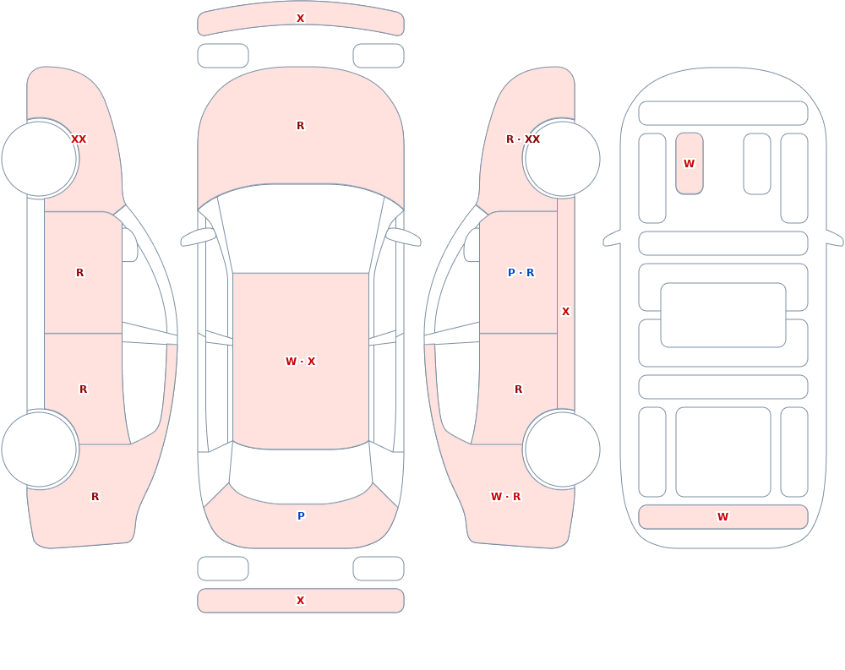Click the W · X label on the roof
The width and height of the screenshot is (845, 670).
(300, 361)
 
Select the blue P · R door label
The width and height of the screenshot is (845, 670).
(521, 273)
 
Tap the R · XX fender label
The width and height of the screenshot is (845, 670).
(523, 139)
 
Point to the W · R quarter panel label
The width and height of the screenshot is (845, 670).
(505, 497)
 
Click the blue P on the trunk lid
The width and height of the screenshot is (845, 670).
(301, 516)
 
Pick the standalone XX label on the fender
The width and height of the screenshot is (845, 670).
(79, 139)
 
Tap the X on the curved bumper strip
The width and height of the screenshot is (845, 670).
(300, 19)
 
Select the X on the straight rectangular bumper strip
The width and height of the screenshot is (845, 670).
(300, 601)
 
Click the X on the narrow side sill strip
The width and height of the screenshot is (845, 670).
(565, 312)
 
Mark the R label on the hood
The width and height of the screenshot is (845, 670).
(300, 126)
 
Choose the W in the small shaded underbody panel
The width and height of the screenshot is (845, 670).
(689, 163)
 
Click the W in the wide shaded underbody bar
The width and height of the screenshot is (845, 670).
(722, 516)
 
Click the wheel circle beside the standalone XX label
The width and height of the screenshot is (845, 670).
(40, 159)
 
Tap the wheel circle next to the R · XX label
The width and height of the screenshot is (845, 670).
(562, 159)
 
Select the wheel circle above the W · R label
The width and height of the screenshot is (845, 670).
(562, 449)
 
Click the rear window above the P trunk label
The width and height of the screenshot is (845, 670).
(301, 474)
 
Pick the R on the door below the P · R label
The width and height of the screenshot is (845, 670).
(519, 389)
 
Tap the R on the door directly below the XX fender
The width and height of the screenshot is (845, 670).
(79, 273)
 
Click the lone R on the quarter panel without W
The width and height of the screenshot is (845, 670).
(95, 497)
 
